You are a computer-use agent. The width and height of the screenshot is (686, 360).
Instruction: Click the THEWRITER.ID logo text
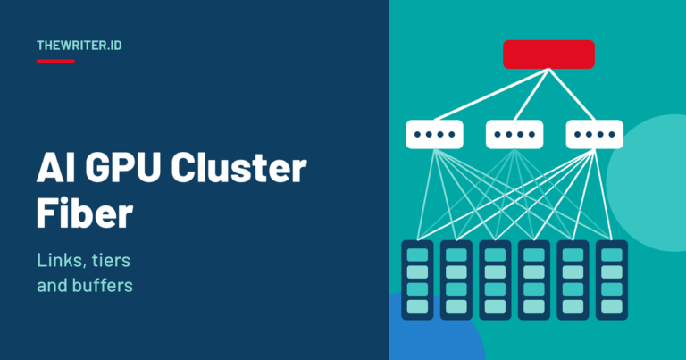point(79,46)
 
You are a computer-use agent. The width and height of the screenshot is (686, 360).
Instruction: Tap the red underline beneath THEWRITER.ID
point(55,62)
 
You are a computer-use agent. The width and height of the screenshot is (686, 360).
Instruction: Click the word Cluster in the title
point(238,169)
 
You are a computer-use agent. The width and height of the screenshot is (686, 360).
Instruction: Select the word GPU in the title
point(122,169)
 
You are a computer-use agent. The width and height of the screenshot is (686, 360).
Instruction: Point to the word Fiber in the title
point(85,213)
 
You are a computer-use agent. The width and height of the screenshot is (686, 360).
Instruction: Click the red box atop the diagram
point(548,54)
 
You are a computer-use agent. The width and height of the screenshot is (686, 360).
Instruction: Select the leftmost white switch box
point(434,134)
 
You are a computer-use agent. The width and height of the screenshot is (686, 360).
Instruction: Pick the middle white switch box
point(514,134)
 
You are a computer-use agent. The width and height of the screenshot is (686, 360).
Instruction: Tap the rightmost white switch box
point(595,134)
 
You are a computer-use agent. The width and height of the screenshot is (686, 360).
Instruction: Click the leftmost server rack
point(417,280)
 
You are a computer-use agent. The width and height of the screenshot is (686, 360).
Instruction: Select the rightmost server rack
point(612,280)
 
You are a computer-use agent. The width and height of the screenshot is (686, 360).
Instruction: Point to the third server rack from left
point(495,280)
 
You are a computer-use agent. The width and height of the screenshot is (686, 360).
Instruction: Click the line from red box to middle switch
point(531,94)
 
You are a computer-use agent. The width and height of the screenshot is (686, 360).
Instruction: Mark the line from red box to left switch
point(491,94)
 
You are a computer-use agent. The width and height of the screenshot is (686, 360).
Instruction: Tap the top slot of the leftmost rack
point(417,255)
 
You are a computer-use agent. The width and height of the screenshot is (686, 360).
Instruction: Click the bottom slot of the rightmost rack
point(612,306)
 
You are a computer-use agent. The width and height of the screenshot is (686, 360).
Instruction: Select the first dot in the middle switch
point(498,134)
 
